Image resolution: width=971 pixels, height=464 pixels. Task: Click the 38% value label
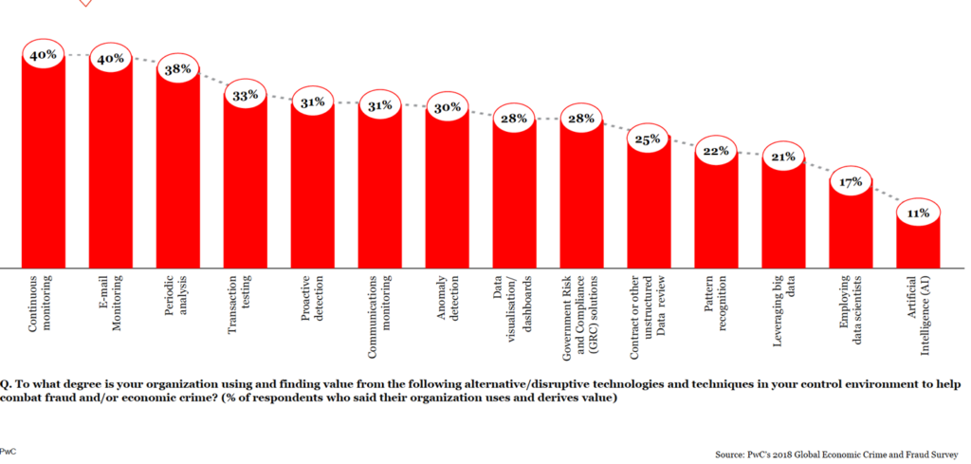(178, 69)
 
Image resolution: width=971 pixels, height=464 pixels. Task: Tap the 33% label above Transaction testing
(246, 95)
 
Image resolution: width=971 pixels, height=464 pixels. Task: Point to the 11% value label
(918, 213)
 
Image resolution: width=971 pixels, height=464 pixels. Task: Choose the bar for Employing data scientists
(851, 228)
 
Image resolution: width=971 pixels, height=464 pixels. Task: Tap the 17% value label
(851, 181)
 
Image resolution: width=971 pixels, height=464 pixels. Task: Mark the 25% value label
(649, 139)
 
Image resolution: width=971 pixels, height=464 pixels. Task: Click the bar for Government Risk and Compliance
(581, 199)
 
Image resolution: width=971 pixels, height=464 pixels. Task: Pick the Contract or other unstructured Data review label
(649, 318)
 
